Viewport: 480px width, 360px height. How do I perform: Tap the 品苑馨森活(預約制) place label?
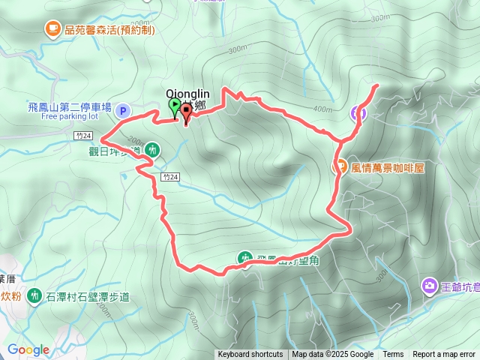tap(109, 30)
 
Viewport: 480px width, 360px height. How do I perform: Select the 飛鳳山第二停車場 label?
tap(69, 107)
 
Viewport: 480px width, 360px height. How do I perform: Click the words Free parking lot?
tap(70, 117)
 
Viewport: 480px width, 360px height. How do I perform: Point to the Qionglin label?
tap(187, 94)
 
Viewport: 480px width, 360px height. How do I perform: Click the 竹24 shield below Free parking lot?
tap(84, 136)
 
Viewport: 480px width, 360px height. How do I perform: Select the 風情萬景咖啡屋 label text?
tap(388, 167)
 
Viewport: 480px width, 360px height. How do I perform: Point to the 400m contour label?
tap(322, 109)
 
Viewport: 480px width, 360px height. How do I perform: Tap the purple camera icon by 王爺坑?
tap(430, 285)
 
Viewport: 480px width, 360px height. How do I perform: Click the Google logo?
tap(28, 349)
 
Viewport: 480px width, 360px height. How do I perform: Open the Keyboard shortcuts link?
tap(250, 355)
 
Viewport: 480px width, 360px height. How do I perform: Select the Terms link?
tap(393, 355)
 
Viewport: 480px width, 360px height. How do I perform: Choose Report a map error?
tap(445, 355)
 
